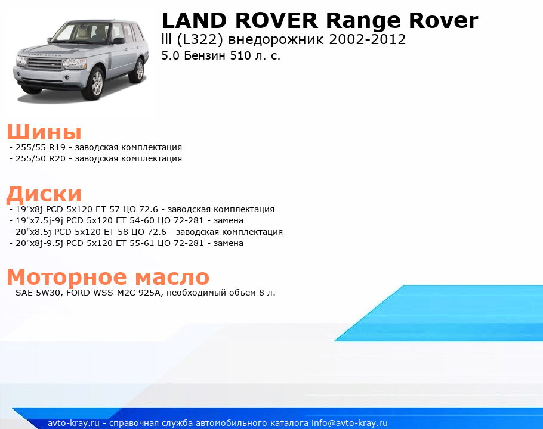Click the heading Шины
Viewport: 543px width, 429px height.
[44, 132]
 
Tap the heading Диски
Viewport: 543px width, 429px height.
[44, 194]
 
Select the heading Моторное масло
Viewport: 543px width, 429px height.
[108, 277]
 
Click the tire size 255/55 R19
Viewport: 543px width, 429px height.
[41, 147]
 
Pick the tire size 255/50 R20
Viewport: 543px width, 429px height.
[41, 158]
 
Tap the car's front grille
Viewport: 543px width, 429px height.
[44, 64]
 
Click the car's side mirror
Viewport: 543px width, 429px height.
[118, 41]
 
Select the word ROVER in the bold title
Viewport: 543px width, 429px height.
[276, 20]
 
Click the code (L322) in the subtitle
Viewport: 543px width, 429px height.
[199, 40]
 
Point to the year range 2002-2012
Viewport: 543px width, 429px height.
[367, 39]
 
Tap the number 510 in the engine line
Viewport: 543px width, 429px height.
[241, 55]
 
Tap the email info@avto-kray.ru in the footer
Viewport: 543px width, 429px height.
[350, 423]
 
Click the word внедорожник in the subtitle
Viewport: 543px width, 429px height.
[276, 40]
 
